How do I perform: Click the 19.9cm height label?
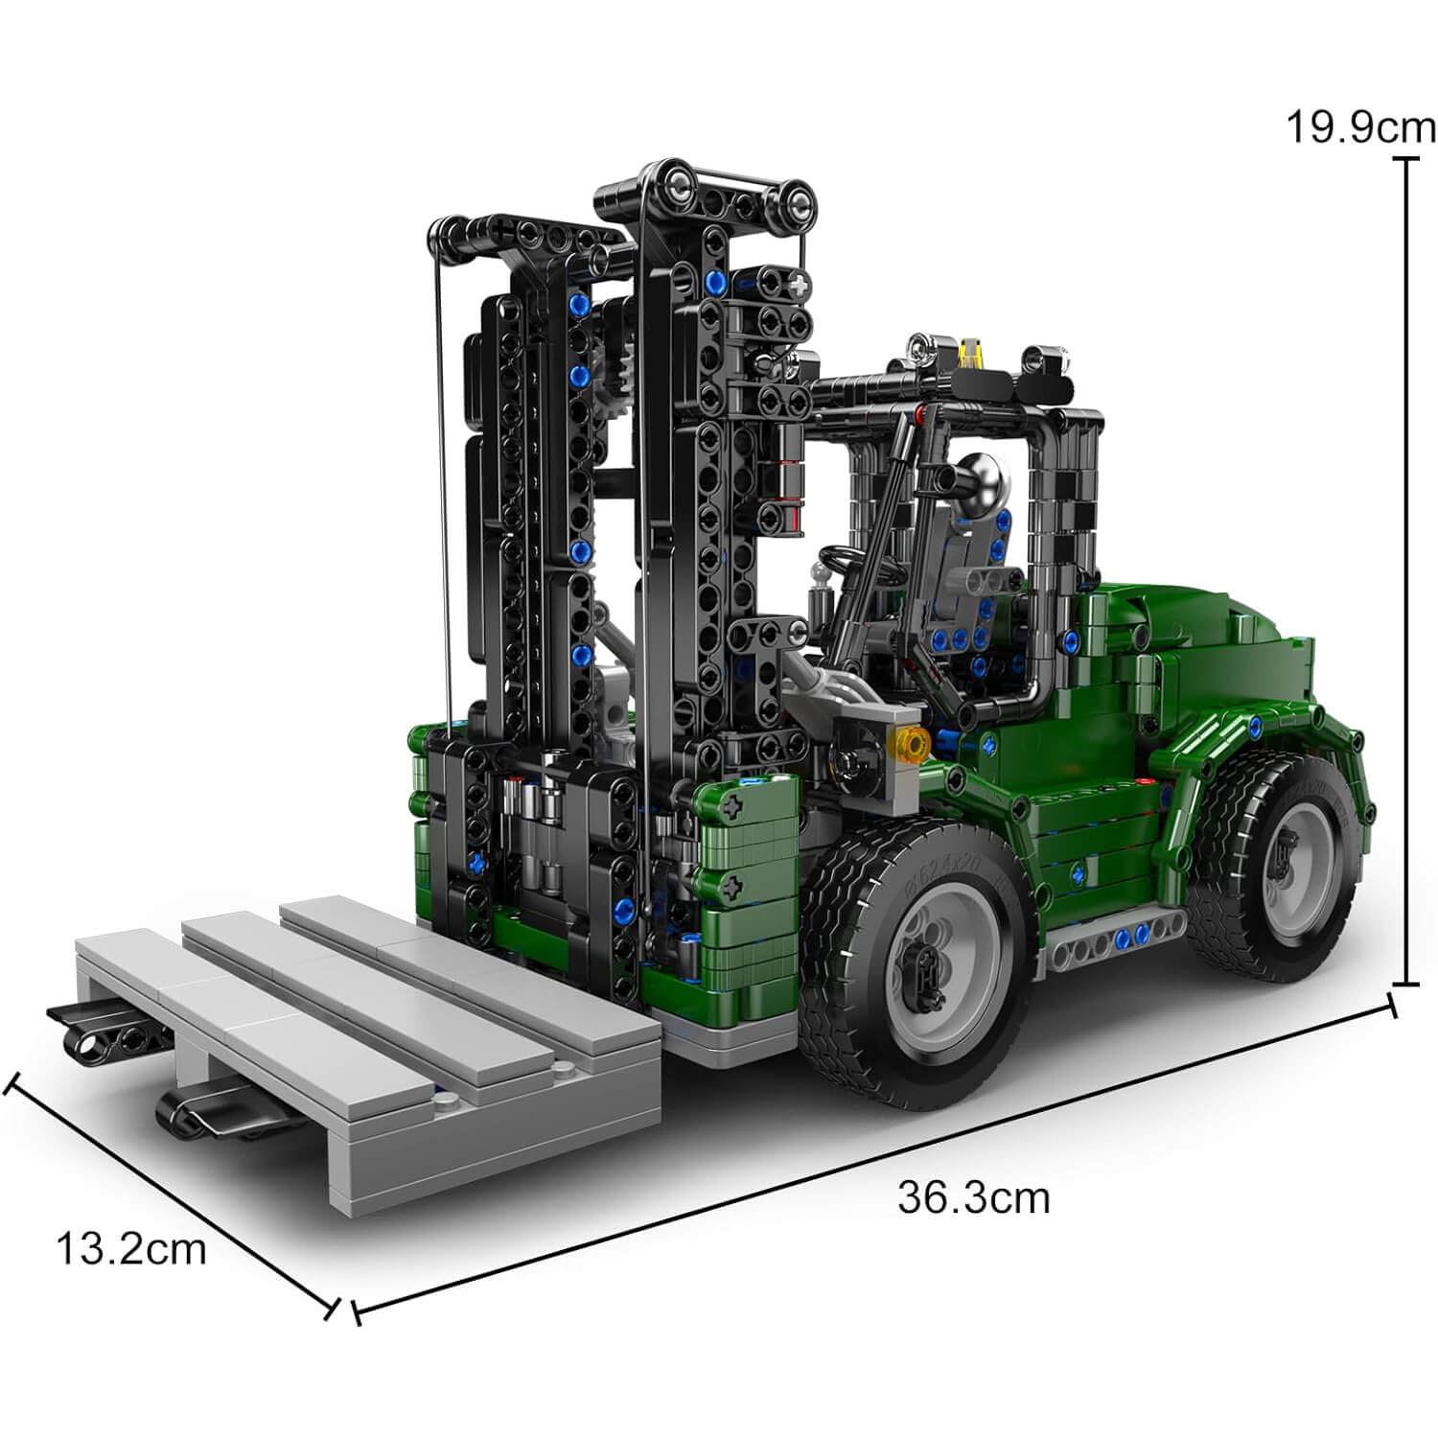(1360, 127)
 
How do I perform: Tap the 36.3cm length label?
(973, 1197)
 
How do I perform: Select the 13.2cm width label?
(131, 1249)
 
